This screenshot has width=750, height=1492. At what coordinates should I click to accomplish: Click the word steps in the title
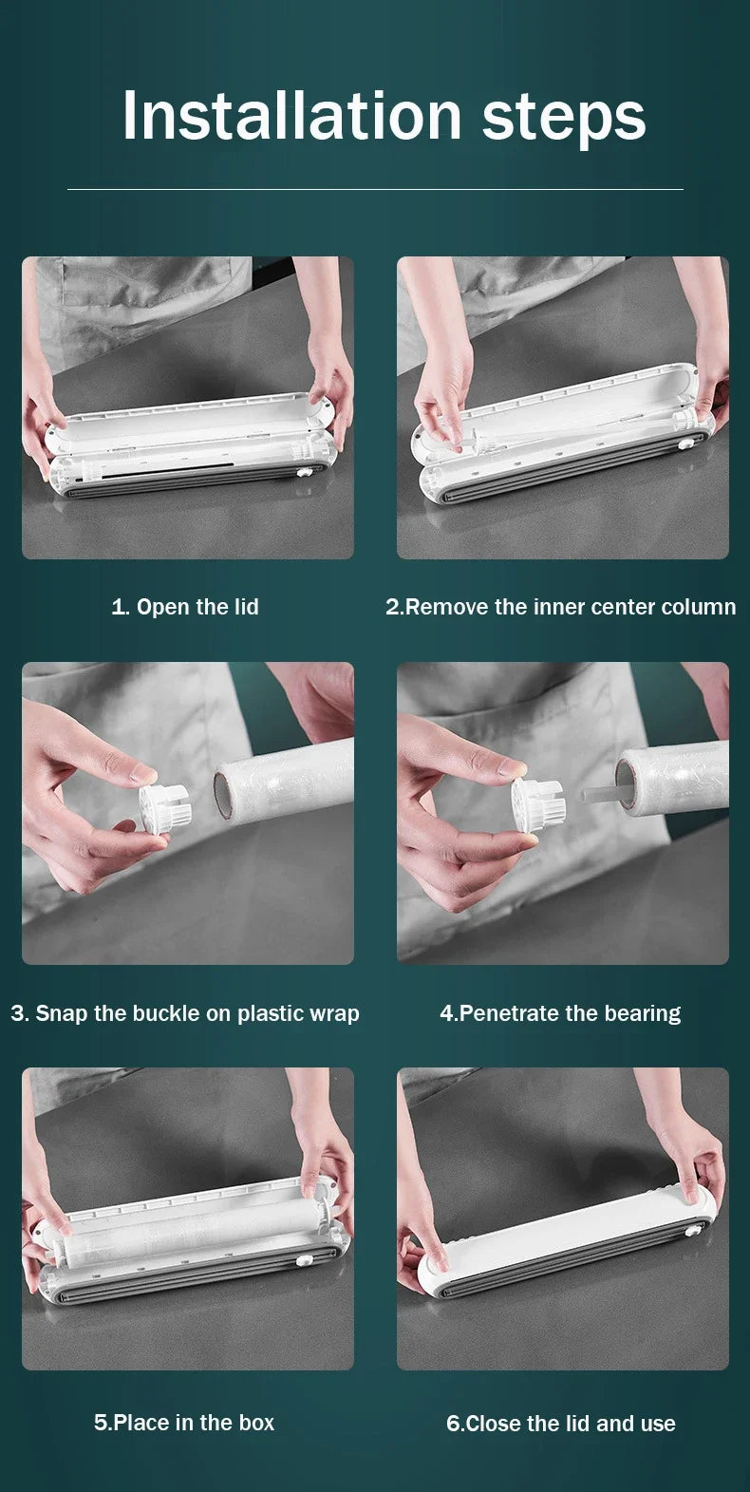564,118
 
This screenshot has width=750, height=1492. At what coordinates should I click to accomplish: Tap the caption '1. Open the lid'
185,607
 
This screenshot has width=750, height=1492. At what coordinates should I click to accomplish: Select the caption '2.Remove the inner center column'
560,607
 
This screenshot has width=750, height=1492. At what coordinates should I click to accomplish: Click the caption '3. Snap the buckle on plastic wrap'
185,1013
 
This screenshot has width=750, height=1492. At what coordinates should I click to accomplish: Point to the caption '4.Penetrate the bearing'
560,1013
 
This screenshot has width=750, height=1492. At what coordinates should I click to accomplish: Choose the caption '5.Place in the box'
184,1423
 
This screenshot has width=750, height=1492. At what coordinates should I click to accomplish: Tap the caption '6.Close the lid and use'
561,1424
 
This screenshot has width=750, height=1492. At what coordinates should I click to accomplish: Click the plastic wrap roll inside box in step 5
190,1234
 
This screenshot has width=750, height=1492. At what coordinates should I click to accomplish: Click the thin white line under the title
375,189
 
